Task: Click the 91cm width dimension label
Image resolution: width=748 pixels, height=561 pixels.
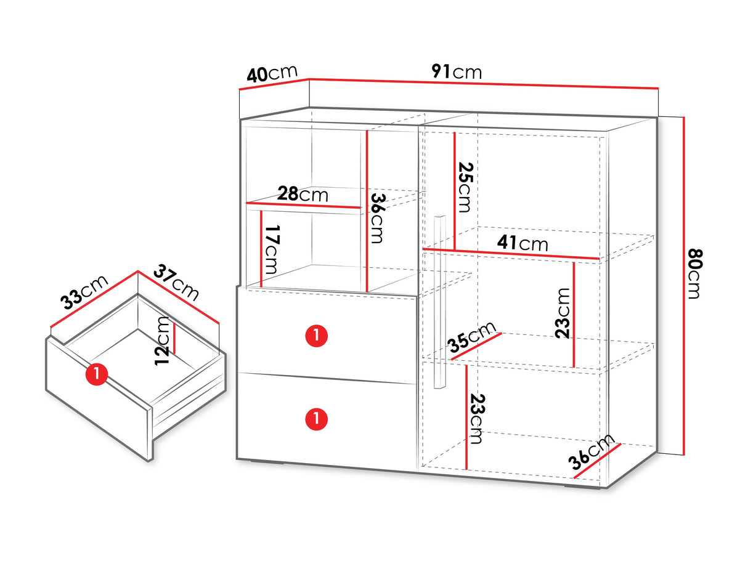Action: click(457, 72)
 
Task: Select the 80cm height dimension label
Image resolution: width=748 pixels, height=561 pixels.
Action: click(695, 274)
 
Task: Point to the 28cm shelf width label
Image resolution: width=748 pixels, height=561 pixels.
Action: click(303, 194)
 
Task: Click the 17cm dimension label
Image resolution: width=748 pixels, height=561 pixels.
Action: click(272, 249)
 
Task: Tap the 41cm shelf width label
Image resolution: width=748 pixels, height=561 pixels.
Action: click(522, 243)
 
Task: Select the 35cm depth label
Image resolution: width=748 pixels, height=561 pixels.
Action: click(473, 337)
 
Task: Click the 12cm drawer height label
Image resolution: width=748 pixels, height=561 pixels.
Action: click(161, 341)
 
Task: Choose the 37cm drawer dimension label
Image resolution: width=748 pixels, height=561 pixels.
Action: click(176, 284)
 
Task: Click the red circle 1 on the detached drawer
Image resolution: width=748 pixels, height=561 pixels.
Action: click(97, 374)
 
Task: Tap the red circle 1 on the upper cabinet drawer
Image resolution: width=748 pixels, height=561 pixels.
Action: click(316, 336)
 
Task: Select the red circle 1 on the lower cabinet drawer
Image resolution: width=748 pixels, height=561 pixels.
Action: click(316, 419)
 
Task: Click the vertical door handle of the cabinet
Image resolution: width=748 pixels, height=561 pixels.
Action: click(439, 302)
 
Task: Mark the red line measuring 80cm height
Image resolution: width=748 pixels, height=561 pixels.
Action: click(683, 286)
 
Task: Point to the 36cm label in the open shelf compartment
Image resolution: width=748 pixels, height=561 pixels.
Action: click(378, 219)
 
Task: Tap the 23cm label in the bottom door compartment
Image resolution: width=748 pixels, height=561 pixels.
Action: click(477, 419)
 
